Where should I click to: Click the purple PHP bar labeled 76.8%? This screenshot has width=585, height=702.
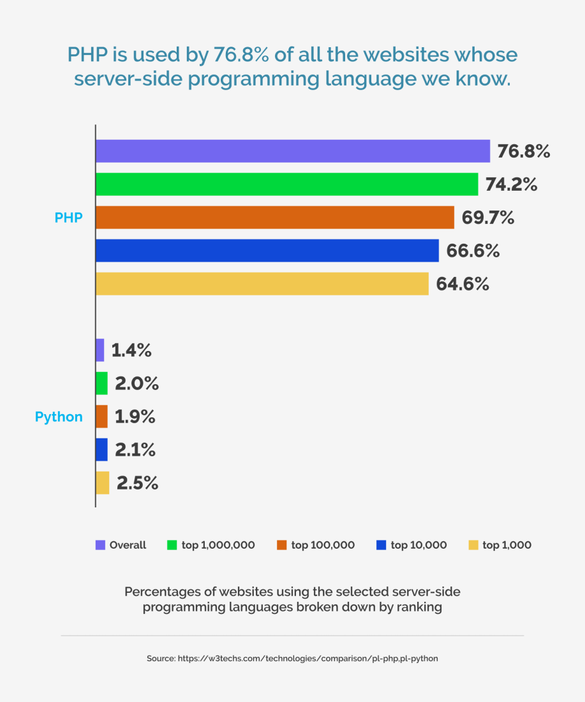click(x=292, y=151)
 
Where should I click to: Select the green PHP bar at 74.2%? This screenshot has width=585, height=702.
click(x=286, y=184)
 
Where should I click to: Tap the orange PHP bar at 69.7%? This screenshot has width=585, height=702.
click(x=274, y=218)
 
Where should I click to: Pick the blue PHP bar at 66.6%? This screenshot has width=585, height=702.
click(x=267, y=251)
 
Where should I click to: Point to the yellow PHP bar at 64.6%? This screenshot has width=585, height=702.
click(x=262, y=284)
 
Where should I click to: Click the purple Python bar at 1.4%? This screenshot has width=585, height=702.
click(x=100, y=350)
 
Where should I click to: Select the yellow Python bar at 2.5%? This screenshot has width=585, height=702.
click(x=102, y=483)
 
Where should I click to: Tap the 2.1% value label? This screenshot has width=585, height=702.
click(x=135, y=450)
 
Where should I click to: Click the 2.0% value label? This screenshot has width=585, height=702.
click(x=137, y=384)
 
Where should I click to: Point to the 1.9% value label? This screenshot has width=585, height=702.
click(x=135, y=417)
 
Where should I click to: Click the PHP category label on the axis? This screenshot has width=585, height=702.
click(x=68, y=218)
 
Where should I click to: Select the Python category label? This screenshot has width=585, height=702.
click(x=59, y=417)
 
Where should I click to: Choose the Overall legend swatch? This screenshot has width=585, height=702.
click(x=100, y=545)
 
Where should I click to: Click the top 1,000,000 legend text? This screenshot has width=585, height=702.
click(x=218, y=545)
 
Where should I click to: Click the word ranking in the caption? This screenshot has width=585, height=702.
click(x=418, y=607)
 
